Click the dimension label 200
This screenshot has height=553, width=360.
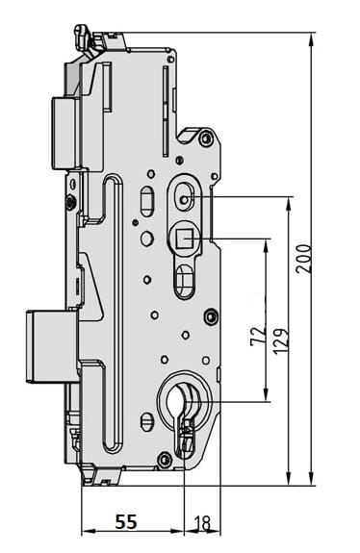304,258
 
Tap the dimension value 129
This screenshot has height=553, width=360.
281,341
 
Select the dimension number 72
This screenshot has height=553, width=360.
258,337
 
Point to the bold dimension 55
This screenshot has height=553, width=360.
126,521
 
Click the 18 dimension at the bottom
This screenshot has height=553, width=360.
202,523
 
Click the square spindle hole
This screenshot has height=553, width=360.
185,238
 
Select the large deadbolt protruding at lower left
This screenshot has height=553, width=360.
53,346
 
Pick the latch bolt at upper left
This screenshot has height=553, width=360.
64,133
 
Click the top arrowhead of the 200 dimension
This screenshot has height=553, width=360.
311,38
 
